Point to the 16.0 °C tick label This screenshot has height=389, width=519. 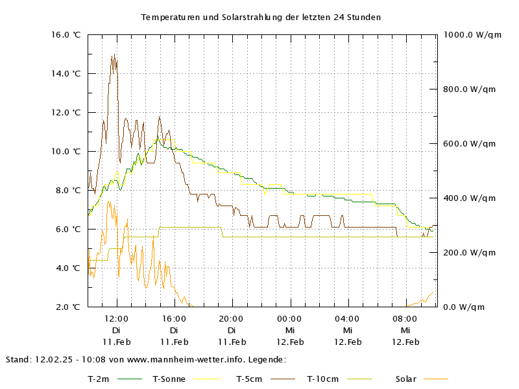click(x=67, y=34)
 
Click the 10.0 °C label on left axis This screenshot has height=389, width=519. click(x=67, y=151)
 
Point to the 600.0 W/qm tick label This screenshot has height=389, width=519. click(x=469, y=143)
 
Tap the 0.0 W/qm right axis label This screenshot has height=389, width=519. click(x=465, y=307)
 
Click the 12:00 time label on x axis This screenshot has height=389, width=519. click(x=116, y=318)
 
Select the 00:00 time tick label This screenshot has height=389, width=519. click(x=289, y=318)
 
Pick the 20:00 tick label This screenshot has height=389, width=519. click(x=232, y=318)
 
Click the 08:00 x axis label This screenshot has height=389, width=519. click(x=405, y=318)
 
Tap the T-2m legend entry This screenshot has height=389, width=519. click(x=99, y=379)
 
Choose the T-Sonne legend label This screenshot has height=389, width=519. click(x=169, y=379)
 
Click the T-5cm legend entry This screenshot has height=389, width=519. click(x=250, y=379)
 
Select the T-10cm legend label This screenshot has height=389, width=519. click(x=322, y=379)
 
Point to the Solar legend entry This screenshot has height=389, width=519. click(x=406, y=379)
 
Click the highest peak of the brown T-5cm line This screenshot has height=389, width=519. click(x=114, y=55)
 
